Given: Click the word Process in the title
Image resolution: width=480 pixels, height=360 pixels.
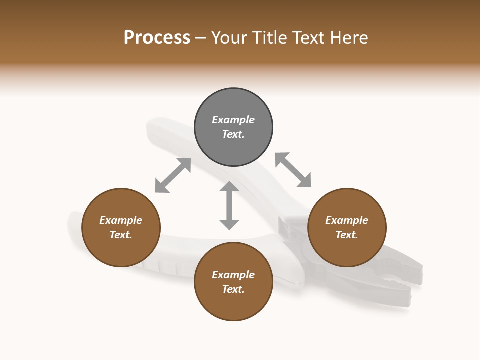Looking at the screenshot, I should pyautogui.click(x=157, y=38).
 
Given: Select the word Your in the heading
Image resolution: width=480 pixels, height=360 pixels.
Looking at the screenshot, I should pyautogui.click(x=230, y=38).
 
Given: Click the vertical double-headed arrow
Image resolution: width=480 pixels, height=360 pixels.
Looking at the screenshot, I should pyautogui.click(x=229, y=205).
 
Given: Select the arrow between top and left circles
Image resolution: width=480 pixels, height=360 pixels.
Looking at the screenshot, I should pyautogui.click(x=173, y=175).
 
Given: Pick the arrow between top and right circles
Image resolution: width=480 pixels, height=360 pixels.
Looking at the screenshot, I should pyautogui.click(x=293, y=170).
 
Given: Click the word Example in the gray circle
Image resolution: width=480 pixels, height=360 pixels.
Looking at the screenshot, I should pyautogui.click(x=233, y=120).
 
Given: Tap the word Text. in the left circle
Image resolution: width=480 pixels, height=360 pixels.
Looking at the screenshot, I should pyautogui.click(x=121, y=235).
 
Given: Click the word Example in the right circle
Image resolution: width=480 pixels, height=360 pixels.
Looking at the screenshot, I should pyautogui.click(x=347, y=220).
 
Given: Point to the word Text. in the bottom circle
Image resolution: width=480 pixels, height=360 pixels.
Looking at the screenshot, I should pyautogui.click(x=233, y=289).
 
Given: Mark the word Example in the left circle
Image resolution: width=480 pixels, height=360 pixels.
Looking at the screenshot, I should pyautogui.click(x=121, y=220).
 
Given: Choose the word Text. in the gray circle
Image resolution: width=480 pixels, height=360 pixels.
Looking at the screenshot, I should pyautogui.click(x=233, y=134).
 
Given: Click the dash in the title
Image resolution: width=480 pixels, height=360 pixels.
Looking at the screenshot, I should pyautogui.click(x=201, y=38).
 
